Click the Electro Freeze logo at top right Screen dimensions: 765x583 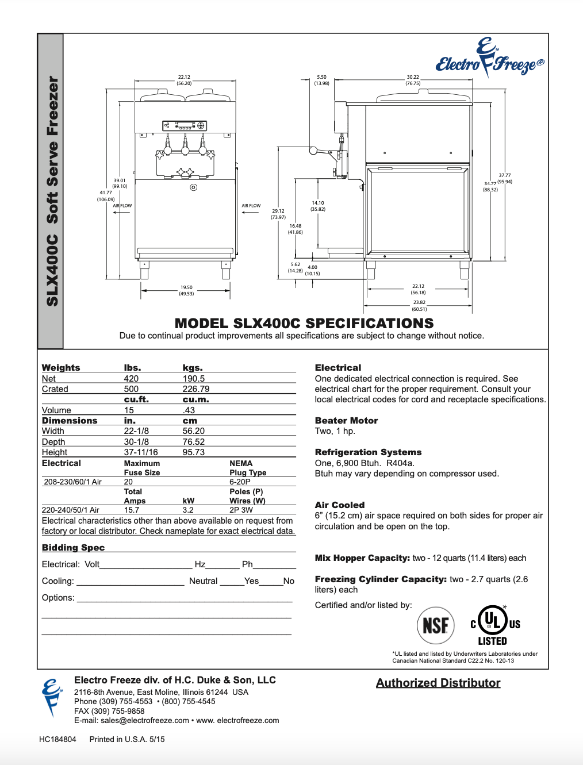click(x=489, y=59)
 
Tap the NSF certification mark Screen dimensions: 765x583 click(x=435, y=625)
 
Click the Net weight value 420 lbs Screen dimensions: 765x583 click(x=131, y=379)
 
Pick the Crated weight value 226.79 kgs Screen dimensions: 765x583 click(x=196, y=389)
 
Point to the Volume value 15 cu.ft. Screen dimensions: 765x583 click(x=129, y=410)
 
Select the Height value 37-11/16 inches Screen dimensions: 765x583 click(x=141, y=452)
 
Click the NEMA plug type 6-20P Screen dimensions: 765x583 click(x=240, y=482)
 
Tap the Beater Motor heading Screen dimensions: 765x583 click(x=346, y=421)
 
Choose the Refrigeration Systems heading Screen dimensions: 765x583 click(x=368, y=452)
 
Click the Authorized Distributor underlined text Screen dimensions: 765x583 click(x=438, y=683)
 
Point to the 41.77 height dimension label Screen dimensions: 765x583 click(x=106, y=193)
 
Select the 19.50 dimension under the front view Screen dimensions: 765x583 click(x=186, y=287)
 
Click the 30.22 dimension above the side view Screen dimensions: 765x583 click(x=413, y=77)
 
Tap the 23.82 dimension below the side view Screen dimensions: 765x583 click(x=419, y=302)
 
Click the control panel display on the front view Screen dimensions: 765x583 click(x=185, y=125)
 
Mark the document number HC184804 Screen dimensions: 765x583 click(x=57, y=739)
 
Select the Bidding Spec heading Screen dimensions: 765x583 click(x=73, y=548)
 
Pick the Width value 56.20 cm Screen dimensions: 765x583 click(x=194, y=431)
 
